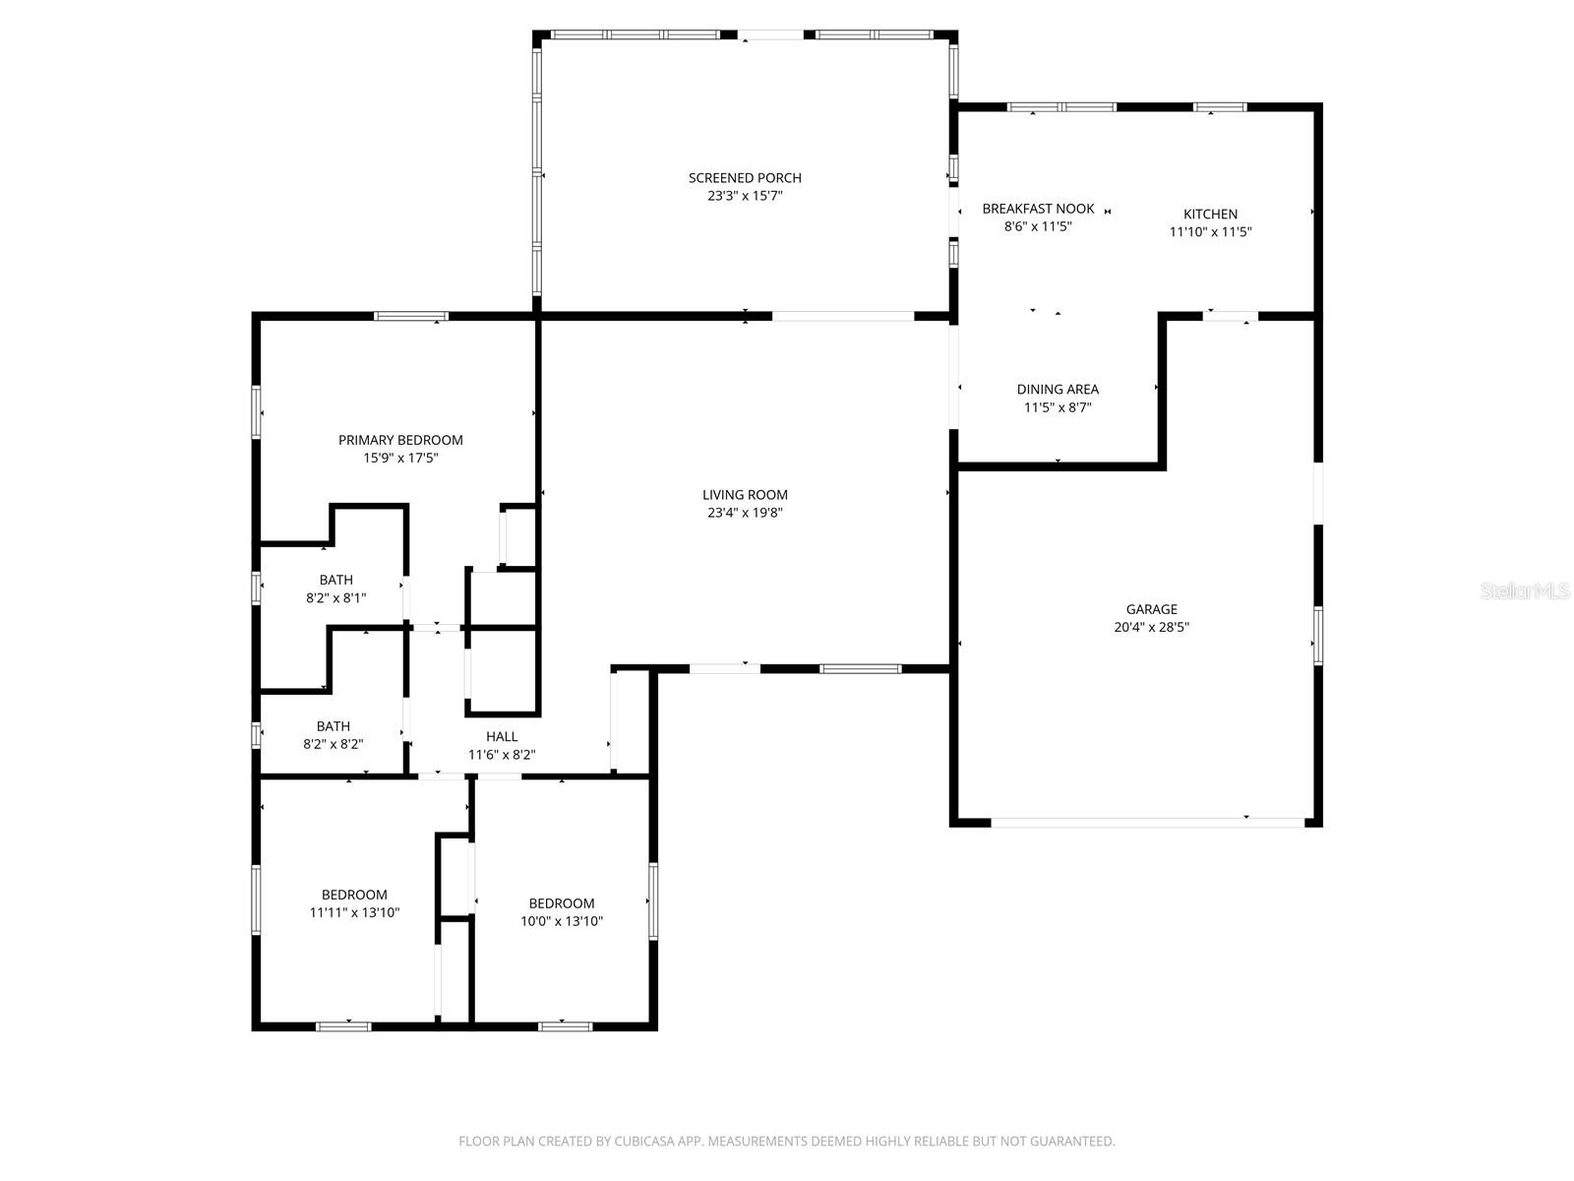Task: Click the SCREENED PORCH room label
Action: pyautogui.click(x=745, y=178)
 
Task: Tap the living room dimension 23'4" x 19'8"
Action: pyautogui.click(x=745, y=513)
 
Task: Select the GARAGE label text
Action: pyautogui.click(x=1151, y=609)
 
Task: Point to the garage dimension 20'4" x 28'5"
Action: pyautogui.click(x=1151, y=627)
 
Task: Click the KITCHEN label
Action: pyautogui.click(x=1210, y=214)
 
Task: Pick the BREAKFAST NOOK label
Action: pyautogui.click(x=1038, y=209)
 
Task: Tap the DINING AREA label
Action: pyautogui.click(x=1058, y=390)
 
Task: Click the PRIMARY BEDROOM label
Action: pyautogui.click(x=400, y=440)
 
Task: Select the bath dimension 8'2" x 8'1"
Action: pyautogui.click(x=335, y=597)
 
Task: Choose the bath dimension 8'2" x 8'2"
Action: pyautogui.click(x=333, y=744)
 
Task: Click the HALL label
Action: pyautogui.click(x=502, y=736)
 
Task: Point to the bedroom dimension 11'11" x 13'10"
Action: pyautogui.click(x=354, y=912)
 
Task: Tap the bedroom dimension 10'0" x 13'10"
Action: pyautogui.click(x=562, y=921)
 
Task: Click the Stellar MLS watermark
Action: pyautogui.click(x=1526, y=591)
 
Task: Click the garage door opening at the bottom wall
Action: pyautogui.click(x=1147, y=821)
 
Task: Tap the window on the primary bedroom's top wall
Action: pyautogui.click(x=411, y=316)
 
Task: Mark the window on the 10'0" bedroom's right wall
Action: pyautogui.click(x=652, y=901)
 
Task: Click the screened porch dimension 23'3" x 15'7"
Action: pyautogui.click(x=745, y=196)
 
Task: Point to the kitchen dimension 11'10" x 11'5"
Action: pyautogui.click(x=1210, y=232)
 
